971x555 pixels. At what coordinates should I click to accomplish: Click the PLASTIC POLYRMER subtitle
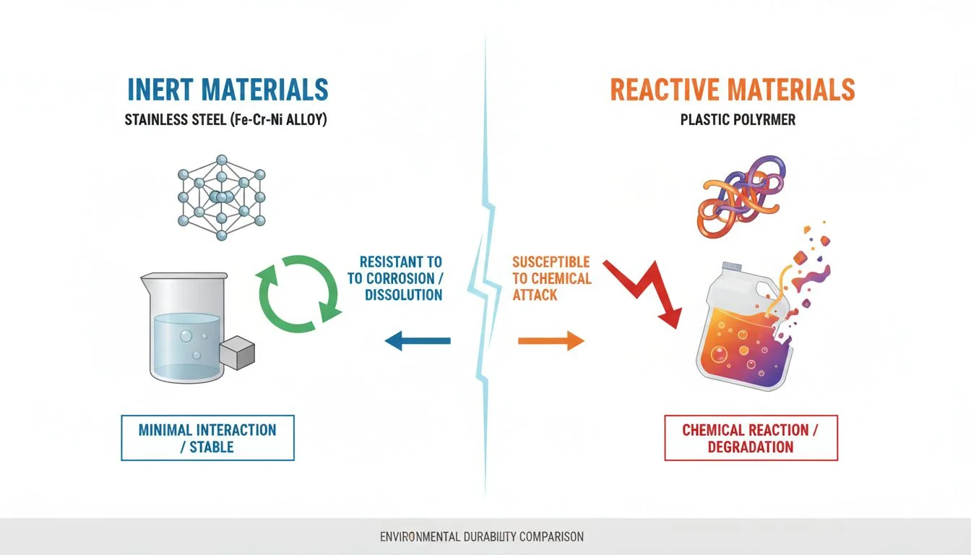(738, 120)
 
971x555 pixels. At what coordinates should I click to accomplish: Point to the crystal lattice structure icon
(222, 194)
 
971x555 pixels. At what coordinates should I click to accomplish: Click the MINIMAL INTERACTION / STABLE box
(207, 438)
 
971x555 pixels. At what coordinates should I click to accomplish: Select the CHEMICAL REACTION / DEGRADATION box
(751, 438)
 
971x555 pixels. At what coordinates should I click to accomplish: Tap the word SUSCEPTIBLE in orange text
(551, 262)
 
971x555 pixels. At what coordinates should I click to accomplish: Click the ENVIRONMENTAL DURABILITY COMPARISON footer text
(482, 537)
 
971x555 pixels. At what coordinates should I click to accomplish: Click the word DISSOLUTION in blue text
(403, 295)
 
